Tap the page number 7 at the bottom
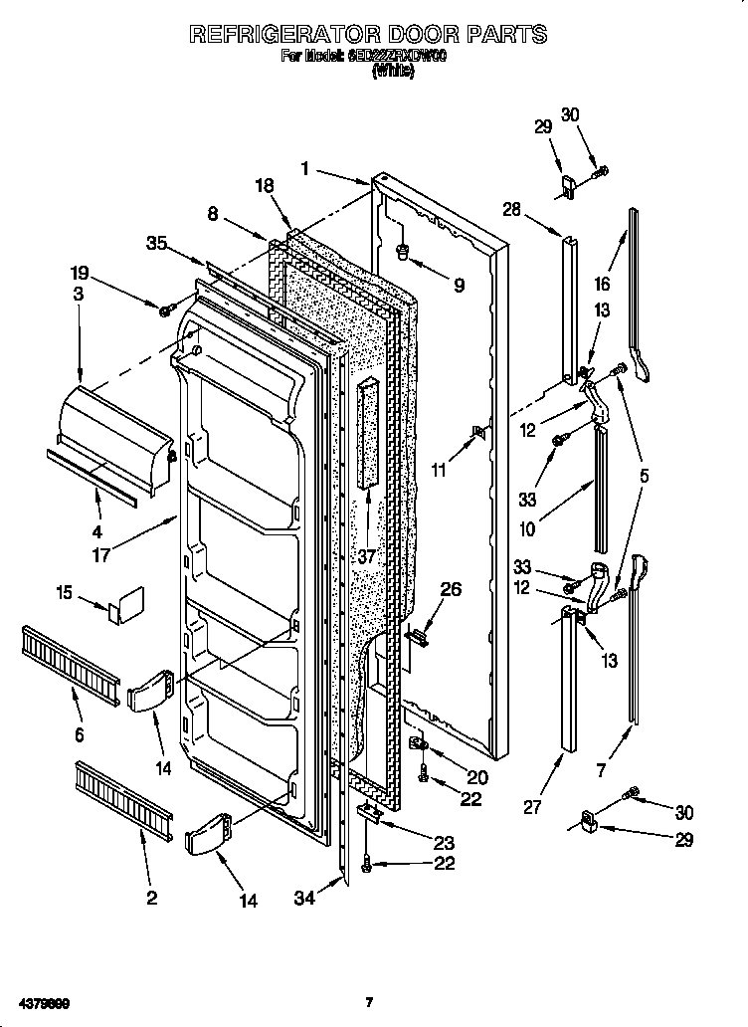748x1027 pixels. click(x=368, y=1000)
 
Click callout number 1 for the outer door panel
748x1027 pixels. click(x=306, y=169)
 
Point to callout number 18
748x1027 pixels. click(x=263, y=186)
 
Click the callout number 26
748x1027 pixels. click(x=451, y=590)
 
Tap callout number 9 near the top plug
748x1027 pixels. click(x=459, y=286)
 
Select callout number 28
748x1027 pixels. click(x=511, y=209)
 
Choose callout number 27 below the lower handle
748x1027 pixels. click(x=533, y=807)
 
